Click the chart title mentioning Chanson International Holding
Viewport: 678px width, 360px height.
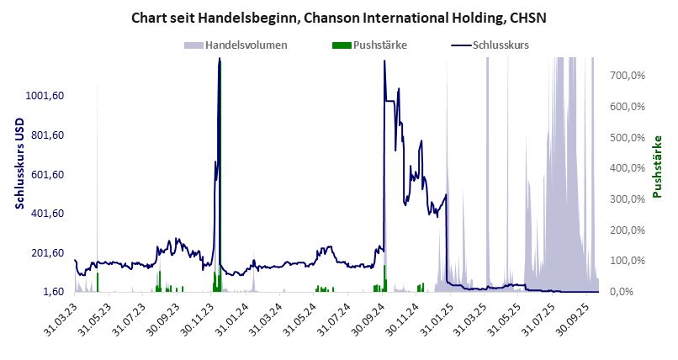(339, 17)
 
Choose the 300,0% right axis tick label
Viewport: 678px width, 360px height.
(628, 199)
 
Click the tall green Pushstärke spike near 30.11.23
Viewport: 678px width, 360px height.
(220, 168)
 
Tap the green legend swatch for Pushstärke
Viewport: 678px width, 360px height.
(342, 45)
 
